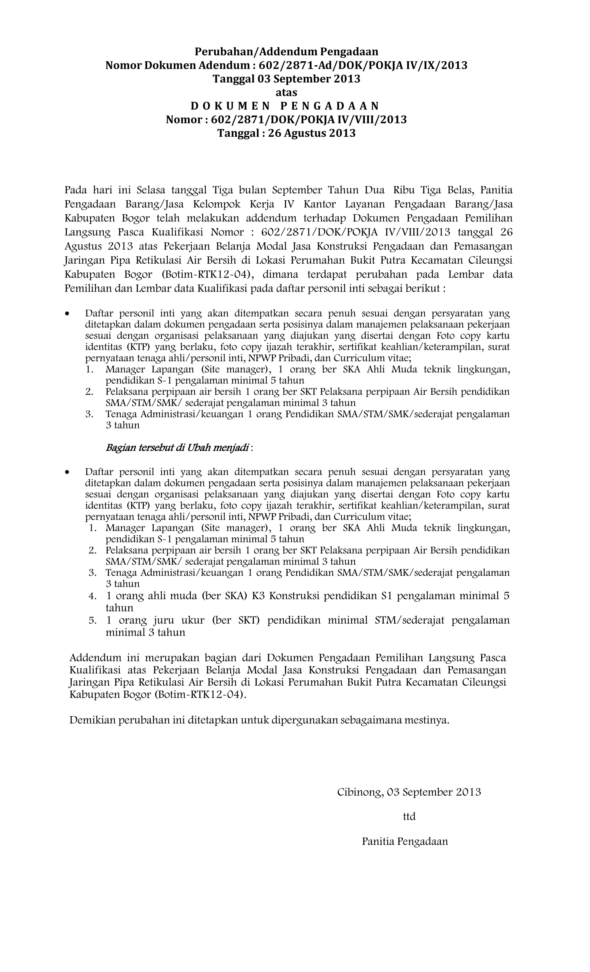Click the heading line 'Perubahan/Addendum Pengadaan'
point(287,52)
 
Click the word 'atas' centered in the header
point(286,92)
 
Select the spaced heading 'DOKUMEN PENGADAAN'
point(285,106)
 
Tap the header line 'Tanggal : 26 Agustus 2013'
point(286,133)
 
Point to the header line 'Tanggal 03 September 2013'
point(286,79)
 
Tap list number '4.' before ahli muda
point(93,596)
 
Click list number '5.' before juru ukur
point(93,620)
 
